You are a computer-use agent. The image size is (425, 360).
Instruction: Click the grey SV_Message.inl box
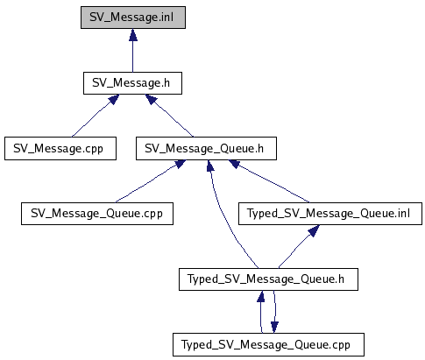click(133, 18)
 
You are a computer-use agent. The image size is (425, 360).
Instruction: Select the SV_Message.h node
click(132, 83)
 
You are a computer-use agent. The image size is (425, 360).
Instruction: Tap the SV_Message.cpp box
click(60, 149)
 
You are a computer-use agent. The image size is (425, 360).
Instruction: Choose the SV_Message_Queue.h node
click(206, 149)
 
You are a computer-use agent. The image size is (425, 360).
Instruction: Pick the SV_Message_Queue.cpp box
click(97, 214)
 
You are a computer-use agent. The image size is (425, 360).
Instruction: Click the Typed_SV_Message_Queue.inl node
click(330, 214)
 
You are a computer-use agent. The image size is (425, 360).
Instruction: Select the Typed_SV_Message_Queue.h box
click(268, 279)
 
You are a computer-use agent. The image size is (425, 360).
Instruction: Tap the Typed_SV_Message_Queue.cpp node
click(268, 345)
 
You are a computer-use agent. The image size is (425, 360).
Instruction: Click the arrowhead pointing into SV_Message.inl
click(133, 35)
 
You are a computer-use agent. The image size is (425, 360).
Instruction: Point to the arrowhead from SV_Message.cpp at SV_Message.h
click(114, 99)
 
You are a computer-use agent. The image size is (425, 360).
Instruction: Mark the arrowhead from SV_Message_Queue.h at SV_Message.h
click(152, 99)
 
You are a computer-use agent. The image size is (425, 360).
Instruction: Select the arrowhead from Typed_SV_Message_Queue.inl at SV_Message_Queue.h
click(235, 164)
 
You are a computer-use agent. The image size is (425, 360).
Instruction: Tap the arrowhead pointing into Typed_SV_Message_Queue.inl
click(314, 230)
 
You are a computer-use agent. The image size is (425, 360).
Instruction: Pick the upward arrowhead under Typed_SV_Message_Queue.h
click(261, 296)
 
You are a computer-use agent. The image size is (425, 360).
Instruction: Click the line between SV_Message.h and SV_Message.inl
click(133, 56)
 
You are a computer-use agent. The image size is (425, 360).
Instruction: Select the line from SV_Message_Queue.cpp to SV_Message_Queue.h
click(146, 185)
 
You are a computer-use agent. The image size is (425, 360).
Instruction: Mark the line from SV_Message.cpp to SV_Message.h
click(91, 120)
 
